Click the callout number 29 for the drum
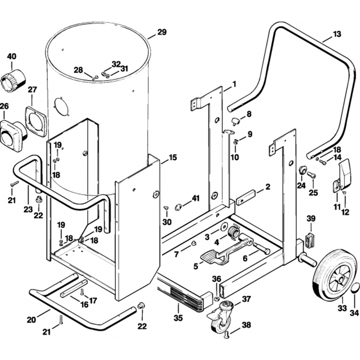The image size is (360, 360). coord(162,32)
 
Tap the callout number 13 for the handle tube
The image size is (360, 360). coord(337,35)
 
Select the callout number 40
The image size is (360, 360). coord(12,57)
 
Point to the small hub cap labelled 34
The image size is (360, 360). coord(355,288)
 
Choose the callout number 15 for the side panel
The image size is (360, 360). coord(173,158)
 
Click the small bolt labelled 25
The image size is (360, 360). coord(311,175)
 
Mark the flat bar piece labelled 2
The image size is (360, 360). coord(246,195)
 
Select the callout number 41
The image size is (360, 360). coord(195,198)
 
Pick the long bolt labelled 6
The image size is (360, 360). coord(262,248)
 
